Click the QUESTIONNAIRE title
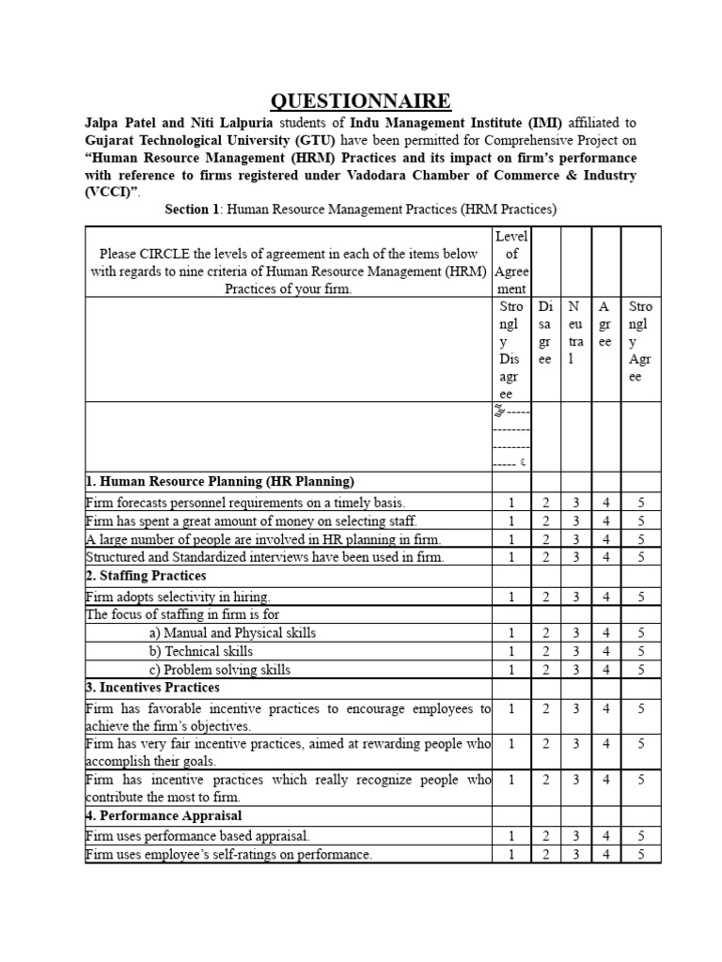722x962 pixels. point(361,101)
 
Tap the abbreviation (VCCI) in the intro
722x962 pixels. point(112,192)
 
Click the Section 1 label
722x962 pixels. point(193,209)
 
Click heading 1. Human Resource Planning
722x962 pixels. point(220,482)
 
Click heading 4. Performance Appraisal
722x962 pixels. point(164,815)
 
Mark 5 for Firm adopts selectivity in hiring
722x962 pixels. point(639,597)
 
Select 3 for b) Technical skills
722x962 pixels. point(576,652)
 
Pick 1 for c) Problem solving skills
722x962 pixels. point(511,671)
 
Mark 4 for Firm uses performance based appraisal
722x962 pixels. point(606,835)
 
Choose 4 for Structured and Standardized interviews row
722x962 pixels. point(606,557)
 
